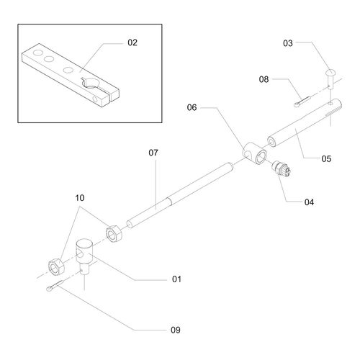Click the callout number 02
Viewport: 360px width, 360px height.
coord(132,43)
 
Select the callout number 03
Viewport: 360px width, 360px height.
coord(288,44)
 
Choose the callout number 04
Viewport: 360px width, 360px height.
coord(309,202)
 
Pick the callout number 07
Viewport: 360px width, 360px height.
coord(153,153)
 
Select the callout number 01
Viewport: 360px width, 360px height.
coord(176,278)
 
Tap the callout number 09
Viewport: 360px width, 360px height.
coord(176,330)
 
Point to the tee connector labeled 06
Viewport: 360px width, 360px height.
coord(254,154)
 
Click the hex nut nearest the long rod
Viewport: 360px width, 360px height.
coord(113,233)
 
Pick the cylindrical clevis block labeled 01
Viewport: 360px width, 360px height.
coord(86,256)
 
